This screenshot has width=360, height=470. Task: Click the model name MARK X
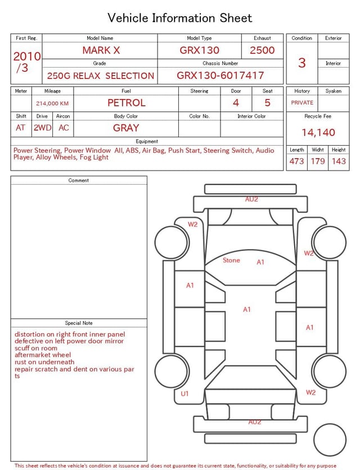click(101, 50)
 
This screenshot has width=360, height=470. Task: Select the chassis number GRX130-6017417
click(220, 75)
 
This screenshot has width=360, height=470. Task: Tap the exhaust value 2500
click(262, 50)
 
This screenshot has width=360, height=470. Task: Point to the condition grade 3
click(301, 62)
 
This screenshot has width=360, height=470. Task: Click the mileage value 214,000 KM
click(52, 104)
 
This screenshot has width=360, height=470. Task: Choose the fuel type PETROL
click(126, 102)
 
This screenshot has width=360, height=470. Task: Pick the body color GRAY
click(126, 128)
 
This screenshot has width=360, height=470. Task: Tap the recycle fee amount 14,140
click(318, 132)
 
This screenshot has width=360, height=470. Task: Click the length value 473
click(296, 161)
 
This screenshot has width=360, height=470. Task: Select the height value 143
click(339, 161)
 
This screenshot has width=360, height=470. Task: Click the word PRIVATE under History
click(302, 103)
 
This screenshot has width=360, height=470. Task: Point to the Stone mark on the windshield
click(231, 261)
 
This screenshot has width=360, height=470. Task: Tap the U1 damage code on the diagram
click(185, 394)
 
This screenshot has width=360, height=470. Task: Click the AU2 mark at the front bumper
click(251, 199)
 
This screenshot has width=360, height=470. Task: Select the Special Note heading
click(79, 323)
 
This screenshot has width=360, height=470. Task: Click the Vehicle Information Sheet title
click(180, 18)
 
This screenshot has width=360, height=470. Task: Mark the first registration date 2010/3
click(26, 62)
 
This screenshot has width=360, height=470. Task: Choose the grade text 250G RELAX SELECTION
click(100, 75)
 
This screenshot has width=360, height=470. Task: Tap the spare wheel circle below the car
click(330, 440)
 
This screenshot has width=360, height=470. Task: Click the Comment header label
click(79, 181)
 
